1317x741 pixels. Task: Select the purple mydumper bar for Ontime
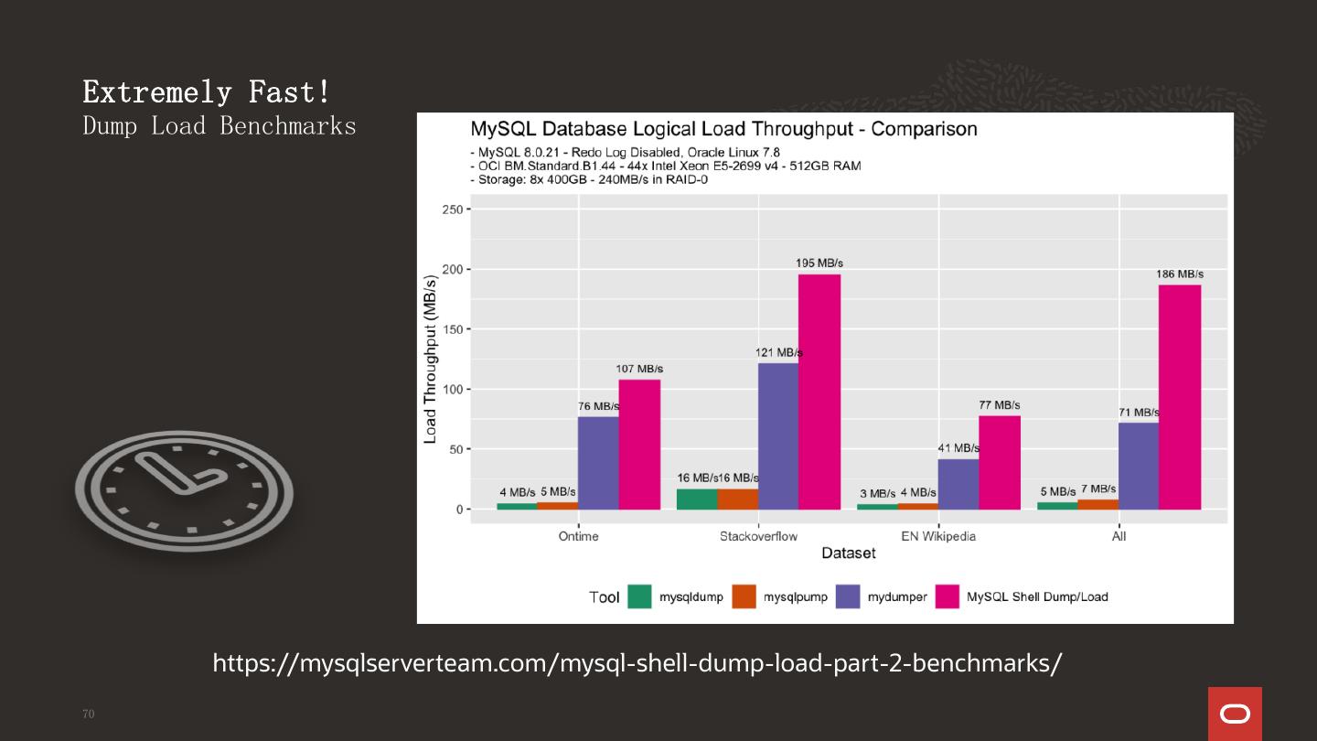(598, 463)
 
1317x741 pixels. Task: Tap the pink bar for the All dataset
(1179, 397)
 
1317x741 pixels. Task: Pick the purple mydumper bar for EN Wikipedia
(958, 484)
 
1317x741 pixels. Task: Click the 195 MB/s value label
(819, 263)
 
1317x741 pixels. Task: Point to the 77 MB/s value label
(1000, 405)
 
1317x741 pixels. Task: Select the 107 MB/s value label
(639, 369)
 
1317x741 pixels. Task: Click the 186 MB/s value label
(1180, 274)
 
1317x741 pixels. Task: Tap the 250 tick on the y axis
(452, 209)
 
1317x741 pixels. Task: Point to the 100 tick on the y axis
(452, 389)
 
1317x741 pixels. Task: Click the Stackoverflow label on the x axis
(758, 536)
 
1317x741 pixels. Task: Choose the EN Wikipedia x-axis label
(938, 536)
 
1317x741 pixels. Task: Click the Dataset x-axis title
(848, 553)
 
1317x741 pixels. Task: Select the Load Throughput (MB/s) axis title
(430, 360)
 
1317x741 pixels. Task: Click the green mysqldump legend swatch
(639, 596)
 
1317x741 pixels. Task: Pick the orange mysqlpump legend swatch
(744, 596)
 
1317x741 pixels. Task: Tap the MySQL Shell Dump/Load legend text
(1037, 596)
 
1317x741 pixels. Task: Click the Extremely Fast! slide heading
(207, 91)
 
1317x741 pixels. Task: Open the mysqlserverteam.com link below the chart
(637, 663)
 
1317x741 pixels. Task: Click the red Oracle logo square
(1235, 714)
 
